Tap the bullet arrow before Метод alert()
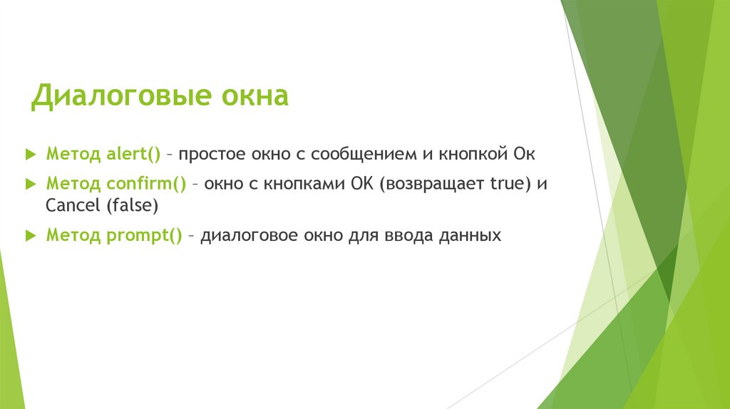pos(29,153)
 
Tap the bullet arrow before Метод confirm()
pos(29,183)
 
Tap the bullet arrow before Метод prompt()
pos(29,234)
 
